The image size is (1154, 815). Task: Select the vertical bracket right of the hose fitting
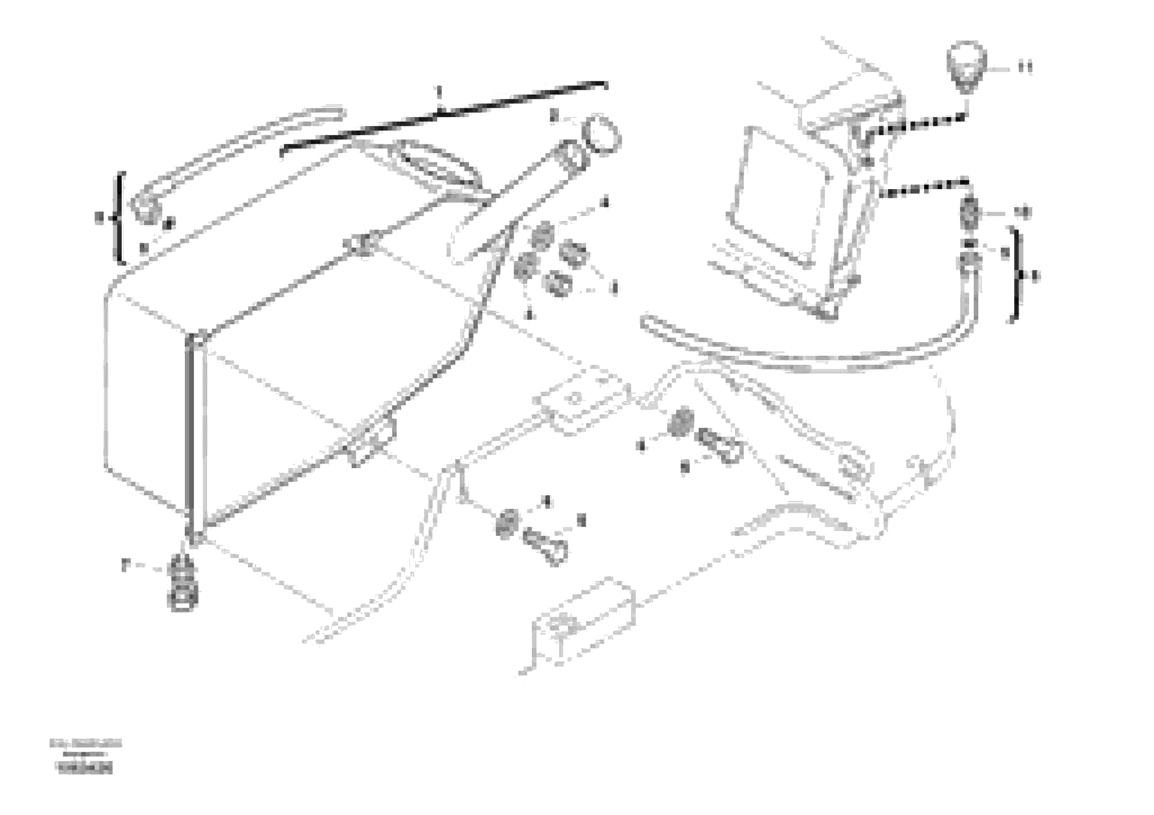[1016, 276]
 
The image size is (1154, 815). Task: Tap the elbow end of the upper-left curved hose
[146, 210]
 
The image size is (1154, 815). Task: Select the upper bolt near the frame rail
[718, 445]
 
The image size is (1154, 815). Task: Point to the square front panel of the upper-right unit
[779, 196]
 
